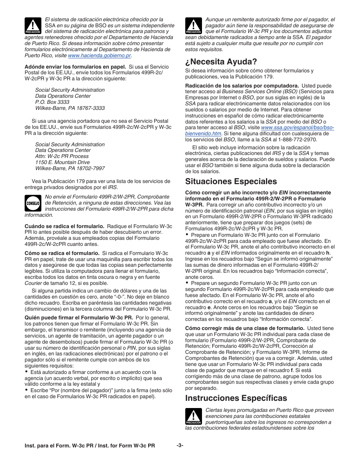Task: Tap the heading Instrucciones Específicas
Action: tap(236, 398)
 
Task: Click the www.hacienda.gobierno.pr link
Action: tap(99, 56)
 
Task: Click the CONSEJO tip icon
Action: tap(33, 203)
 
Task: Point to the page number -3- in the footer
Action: tap(180, 446)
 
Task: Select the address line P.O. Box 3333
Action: tap(52, 102)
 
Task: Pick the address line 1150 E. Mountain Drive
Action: tap(63, 162)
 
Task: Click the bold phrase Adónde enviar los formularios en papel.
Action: tap(75, 67)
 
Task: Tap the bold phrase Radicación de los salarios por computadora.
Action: tap(242, 86)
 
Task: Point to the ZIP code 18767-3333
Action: tap(91, 108)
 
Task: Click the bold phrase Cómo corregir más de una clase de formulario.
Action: tap(245, 328)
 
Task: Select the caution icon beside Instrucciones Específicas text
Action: tap(193, 416)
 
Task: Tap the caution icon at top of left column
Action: tap(33, 25)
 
